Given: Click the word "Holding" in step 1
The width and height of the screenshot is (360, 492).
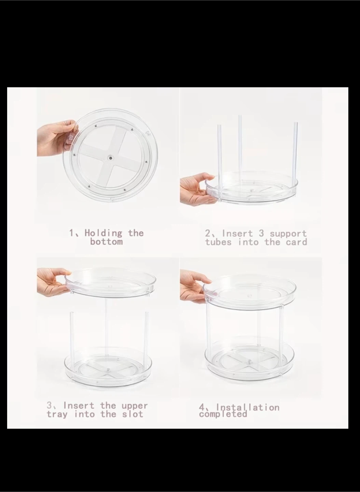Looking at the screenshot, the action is pyautogui.click(x=103, y=233).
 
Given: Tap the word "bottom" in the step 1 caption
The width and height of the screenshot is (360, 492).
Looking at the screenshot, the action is pyautogui.click(x=107, y=242).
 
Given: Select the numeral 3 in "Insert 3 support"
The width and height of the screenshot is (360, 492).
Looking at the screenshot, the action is pyautogui.click(x=261, y=233).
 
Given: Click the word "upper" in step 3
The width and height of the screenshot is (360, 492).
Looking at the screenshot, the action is pyautogui.click(x=135, y=406).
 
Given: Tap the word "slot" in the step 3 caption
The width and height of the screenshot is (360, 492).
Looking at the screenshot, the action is pyautogui.click(x=133, y=414).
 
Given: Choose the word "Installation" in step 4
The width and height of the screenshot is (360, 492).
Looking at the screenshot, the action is pyautogui.click(x=248, y=408).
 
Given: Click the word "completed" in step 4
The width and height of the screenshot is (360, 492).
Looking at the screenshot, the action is pyautogui.click(x=223, y=414).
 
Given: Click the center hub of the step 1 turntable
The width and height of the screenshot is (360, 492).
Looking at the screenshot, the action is pyautogui.click(x=110, y=158).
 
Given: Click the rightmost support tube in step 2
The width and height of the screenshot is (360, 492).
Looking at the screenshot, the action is pyautogui.click(x=295, y=159).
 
